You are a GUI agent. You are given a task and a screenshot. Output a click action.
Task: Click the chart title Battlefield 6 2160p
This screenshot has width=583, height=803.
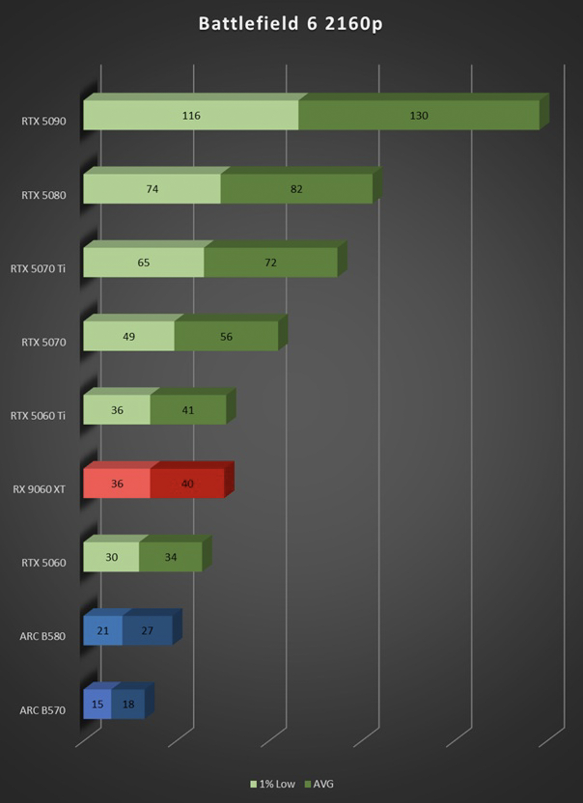[290, 24]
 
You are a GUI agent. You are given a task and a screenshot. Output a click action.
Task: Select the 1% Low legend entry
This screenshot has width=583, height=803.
[273, 784]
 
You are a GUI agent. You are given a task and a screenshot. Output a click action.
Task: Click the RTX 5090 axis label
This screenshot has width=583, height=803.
[43, 121]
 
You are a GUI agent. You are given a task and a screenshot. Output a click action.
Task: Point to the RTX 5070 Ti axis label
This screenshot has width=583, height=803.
[38, 269]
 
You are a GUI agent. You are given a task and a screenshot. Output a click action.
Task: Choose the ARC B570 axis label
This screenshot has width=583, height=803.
[42, 710]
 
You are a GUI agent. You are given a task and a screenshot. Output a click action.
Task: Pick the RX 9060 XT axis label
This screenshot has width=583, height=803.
[39, 489]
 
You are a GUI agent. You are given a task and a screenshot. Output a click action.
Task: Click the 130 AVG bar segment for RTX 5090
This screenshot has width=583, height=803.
[419, 115]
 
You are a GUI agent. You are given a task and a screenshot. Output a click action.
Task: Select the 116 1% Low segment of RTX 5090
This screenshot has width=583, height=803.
[191, 115]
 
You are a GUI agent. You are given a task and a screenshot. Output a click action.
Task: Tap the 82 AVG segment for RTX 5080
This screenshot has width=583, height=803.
[297, 189]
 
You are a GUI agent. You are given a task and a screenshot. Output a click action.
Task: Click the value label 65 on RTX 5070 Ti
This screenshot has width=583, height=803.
[143, 263]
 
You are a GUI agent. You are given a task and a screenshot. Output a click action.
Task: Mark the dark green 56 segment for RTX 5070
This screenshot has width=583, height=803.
[226, 336]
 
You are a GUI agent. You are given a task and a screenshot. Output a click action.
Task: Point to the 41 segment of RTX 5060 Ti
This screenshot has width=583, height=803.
[188, 410]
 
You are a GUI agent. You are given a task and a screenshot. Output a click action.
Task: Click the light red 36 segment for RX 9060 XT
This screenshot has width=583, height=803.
[117, 483]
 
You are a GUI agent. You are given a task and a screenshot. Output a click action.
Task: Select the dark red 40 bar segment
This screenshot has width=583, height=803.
[187, 483]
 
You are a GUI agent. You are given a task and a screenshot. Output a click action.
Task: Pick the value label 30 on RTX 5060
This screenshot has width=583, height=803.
[112, 557]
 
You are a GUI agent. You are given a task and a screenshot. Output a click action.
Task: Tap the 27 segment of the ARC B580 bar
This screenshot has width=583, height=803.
[147, 631]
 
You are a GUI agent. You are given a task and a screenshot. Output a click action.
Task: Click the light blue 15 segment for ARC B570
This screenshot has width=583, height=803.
[97, 704]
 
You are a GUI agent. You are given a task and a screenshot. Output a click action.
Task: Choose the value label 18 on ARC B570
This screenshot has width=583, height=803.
[128, 704]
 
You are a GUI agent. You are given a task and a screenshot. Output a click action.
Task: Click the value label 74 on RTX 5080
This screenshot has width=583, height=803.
[152, 189]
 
